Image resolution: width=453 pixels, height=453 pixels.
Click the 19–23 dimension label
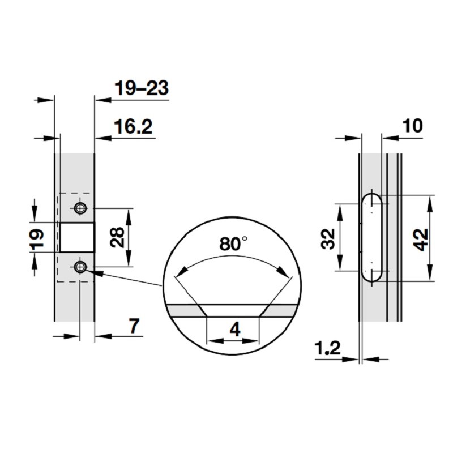[141, 89]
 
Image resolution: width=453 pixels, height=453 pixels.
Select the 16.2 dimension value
[133, 127]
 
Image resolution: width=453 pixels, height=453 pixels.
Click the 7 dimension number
[134, 327]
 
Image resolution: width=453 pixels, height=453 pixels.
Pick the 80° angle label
[233, 244]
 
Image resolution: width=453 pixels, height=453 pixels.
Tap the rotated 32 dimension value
[327, 238]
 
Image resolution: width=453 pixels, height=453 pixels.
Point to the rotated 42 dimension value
[418, 238]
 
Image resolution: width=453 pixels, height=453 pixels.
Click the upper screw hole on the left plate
[81, 208]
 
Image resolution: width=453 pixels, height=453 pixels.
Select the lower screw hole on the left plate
[81, 267]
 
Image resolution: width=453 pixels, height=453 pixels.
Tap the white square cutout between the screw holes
[76, 237]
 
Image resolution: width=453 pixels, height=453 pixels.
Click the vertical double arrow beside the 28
[129, 237]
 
